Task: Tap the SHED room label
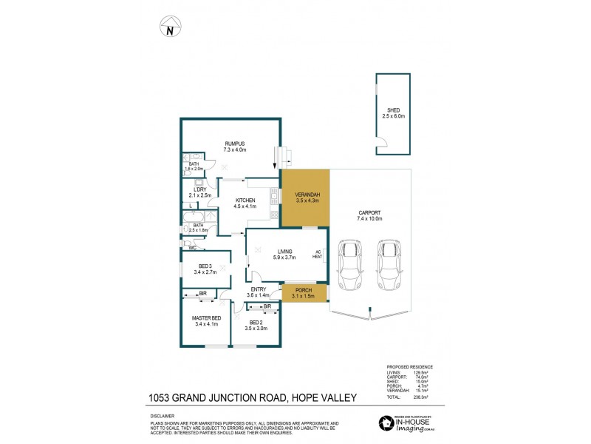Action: tap(392, 110)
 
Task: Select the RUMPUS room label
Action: tap(236, 144)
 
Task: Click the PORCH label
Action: tap(304, 290)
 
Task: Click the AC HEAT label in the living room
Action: tap(318, 254)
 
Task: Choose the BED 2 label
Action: tap(256, 323)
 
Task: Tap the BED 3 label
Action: tap(207, 266)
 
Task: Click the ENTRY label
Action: tap(259, 289)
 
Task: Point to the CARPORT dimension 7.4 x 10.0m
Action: tap(370, 219)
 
